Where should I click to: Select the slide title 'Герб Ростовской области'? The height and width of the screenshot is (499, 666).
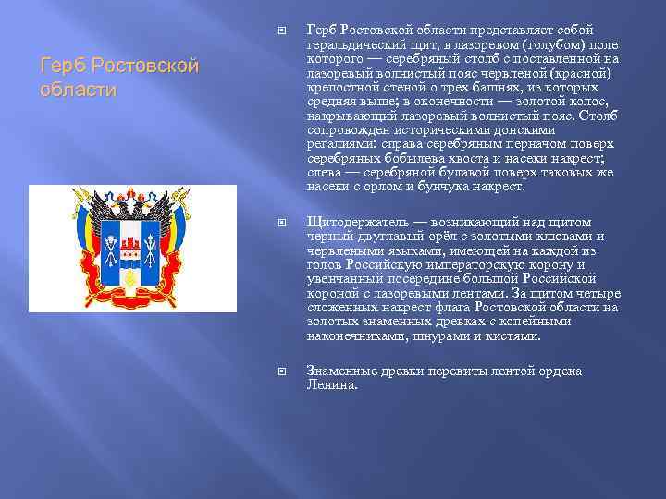120,78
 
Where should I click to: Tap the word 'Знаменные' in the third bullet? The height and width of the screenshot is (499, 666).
342,371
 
